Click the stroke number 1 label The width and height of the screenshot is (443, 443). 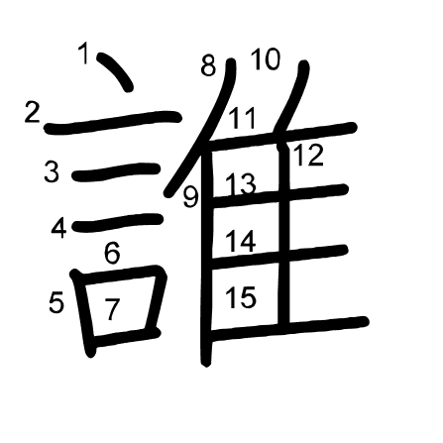(84, 53)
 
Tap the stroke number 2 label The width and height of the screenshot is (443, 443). (33, 112)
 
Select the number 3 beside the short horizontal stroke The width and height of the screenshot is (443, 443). (52, 170)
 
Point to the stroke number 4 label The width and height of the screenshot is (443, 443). (59, 228)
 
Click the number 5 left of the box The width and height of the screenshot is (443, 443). (56, 302)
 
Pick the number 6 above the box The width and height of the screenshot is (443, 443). (112, 253)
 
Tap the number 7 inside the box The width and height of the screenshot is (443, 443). (112, 309)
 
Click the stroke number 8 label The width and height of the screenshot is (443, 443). (208, 65)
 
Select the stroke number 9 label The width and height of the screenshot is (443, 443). (191, 197)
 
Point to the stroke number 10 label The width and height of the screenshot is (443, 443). (266, 58)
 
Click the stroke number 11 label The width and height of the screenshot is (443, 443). (243, 118)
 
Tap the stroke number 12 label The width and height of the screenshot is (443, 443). (308, 155)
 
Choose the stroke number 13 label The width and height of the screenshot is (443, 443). (241, 183)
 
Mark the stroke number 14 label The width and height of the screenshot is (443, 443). (241, 241)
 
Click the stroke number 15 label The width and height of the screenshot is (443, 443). (241, 297)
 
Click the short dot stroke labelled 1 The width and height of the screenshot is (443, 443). (116, 70)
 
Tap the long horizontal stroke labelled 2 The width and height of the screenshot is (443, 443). (113, 122)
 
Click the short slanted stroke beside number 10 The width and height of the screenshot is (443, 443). (294, 99)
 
